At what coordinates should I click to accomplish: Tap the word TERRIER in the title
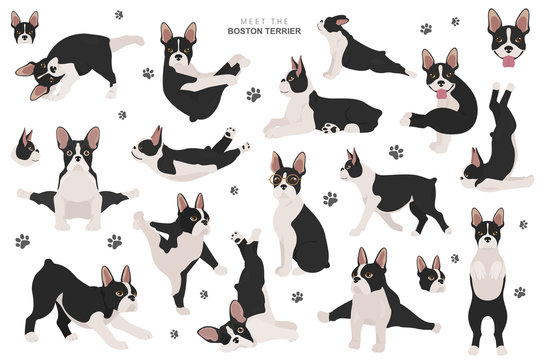(306, 29)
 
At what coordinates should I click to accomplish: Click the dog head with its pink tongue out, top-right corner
(509, 38)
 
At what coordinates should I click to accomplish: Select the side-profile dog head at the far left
(28, 148)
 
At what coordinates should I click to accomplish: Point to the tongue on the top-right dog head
(509, 58)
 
